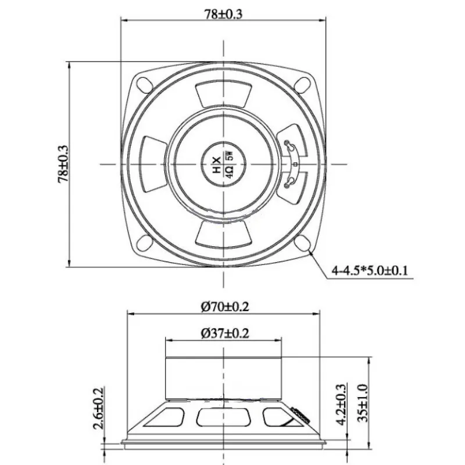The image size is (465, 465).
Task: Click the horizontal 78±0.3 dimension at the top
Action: (x=223, y=14)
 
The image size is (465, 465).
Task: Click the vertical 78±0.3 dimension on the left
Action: (x=63, y=164)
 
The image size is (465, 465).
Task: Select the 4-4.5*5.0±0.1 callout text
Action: (x=370, y=270)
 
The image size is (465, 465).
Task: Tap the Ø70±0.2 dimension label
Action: (x=225, y=306)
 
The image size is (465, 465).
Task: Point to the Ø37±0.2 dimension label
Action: (x=225, y=333)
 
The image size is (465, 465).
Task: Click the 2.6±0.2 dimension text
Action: (x=98, y=408)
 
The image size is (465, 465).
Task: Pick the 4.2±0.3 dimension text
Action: (x=341, y=404)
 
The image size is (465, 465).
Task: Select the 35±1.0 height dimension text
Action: (x=362, y=403)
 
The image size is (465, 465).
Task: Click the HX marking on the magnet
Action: (x=217, y=164)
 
